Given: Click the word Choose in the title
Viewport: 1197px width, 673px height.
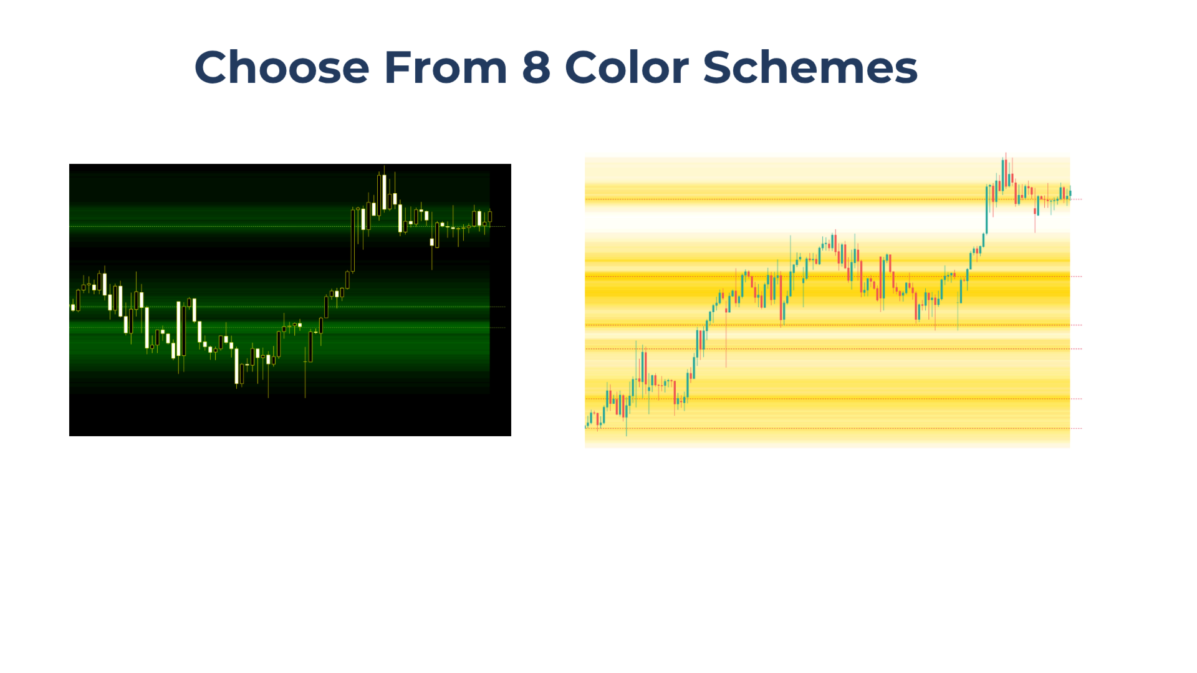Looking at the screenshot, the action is [282, 67].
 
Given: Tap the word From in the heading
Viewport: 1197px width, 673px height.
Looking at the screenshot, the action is [446, 67].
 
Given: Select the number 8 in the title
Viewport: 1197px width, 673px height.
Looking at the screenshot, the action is [536, 67].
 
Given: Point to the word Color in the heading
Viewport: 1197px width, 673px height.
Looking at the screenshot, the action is [627, 67].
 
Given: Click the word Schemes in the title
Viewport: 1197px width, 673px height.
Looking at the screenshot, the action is [810, 67].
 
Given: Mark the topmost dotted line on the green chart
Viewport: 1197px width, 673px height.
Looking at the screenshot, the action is [287, 226].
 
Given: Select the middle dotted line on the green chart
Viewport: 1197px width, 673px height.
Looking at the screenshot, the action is [287, 307].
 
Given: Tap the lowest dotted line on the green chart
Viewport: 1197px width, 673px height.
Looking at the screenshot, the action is [287, 328].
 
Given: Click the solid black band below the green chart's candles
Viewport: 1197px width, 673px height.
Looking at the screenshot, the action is [290, 416].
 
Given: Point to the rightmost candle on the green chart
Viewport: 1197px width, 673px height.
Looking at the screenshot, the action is [490, 217].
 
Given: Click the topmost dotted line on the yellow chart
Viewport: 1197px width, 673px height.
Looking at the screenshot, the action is [833, 199].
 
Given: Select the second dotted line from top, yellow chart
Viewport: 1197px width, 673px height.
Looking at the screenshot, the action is [833, 276].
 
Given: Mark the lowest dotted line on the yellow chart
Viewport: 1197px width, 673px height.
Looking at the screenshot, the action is [833, 428].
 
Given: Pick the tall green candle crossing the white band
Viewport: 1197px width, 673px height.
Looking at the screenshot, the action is [987, 209].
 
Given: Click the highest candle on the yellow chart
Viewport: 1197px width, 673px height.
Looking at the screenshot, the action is [1005, 171].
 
